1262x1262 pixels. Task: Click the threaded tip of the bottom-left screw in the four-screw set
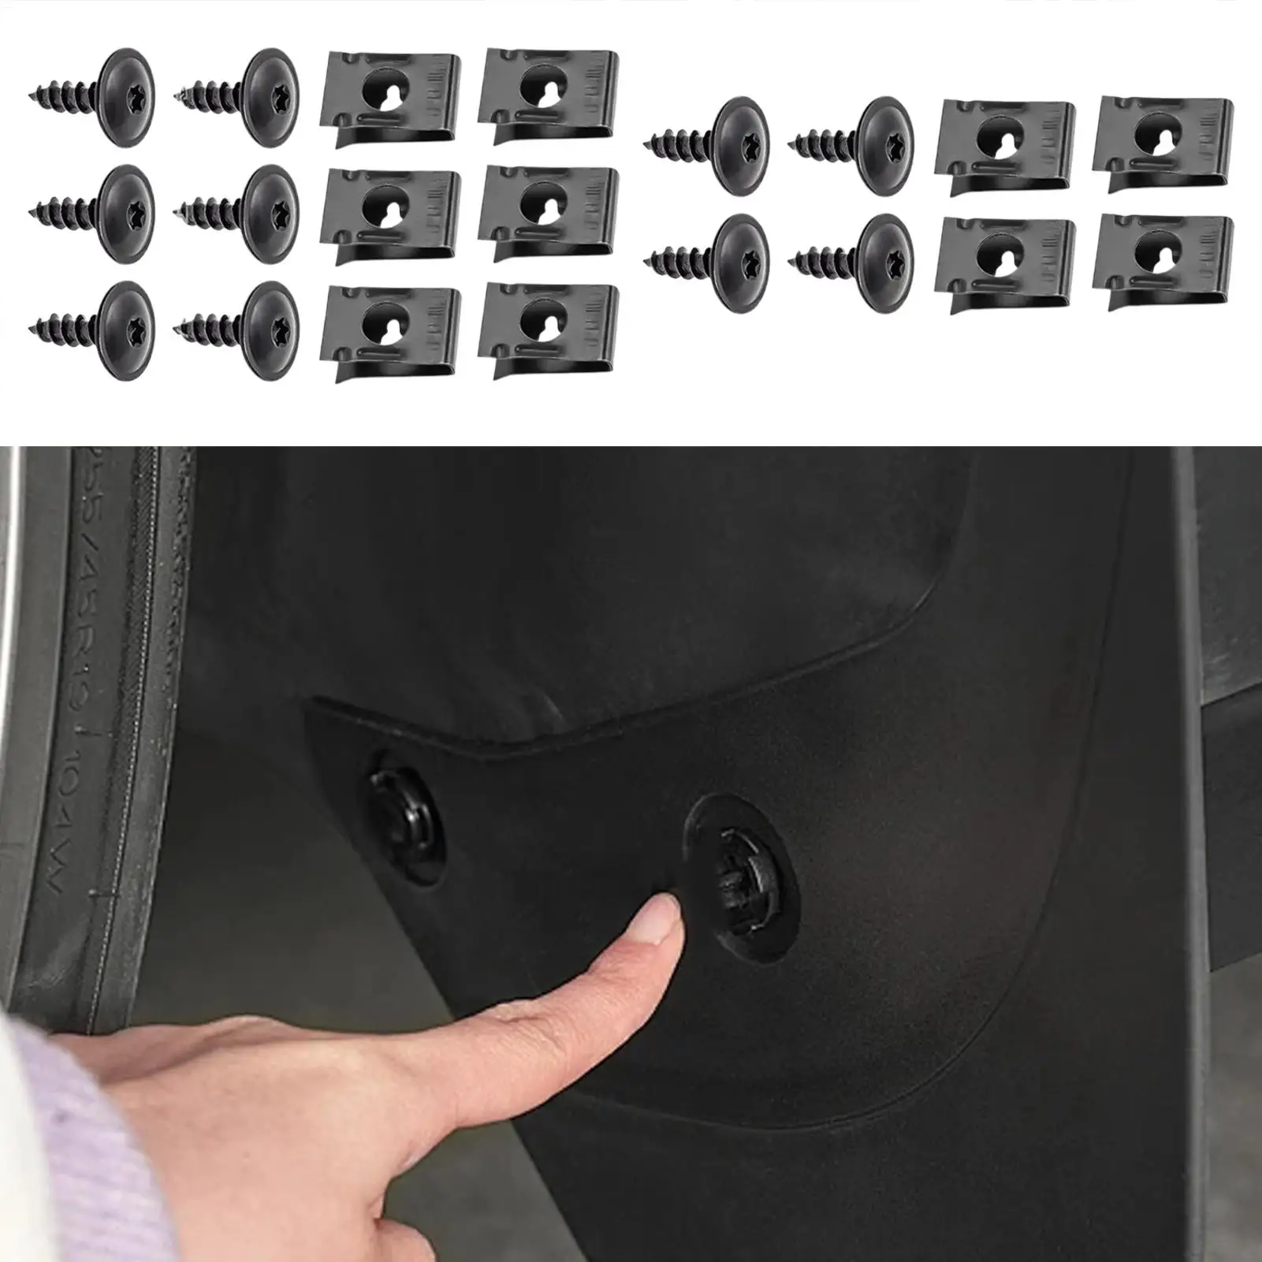662,260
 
